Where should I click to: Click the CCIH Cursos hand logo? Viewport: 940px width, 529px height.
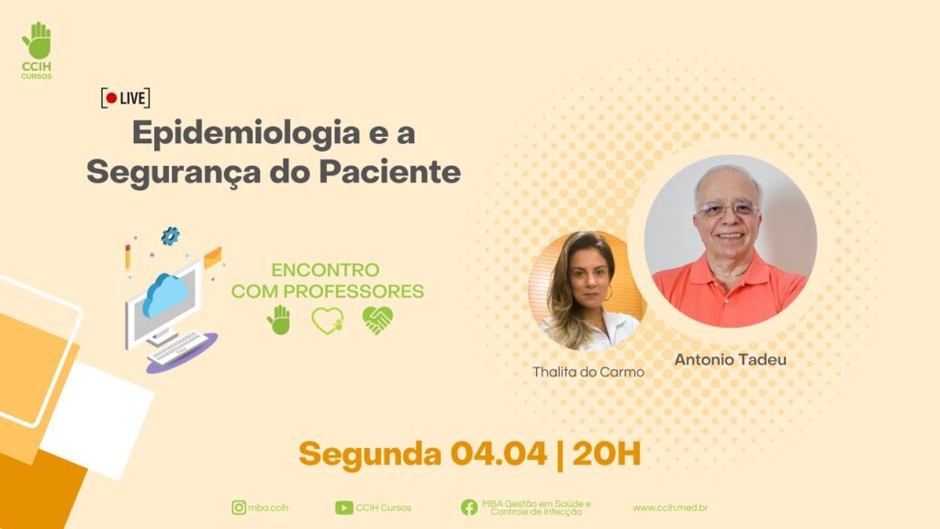pos(37,40)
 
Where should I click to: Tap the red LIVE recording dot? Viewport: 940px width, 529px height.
pos(111,97)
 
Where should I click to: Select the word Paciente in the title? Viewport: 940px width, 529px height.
pos(390,172)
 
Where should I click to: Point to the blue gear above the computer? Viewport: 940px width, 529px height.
pos(170,236)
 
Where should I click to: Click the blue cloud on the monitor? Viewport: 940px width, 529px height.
pos(165,294)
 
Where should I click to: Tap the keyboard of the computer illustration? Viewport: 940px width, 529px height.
pos(177,347)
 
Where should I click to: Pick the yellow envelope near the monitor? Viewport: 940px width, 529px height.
pos(213,258)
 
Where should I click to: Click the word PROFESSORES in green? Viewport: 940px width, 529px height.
pos(353,291)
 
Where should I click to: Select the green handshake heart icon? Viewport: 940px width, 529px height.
pos(377,320)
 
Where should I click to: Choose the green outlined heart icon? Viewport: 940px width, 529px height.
pos(328,321)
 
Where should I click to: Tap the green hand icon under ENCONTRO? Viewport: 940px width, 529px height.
pos(279,320)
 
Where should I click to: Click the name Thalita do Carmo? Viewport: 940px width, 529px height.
pos(588,372)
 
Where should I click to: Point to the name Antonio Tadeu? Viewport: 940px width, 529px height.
pos(730,359)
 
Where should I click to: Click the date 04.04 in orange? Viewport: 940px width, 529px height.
pos(498,454)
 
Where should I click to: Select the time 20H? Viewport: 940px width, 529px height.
pos(606,454)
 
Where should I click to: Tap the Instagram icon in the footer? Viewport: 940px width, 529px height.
pos(239,507)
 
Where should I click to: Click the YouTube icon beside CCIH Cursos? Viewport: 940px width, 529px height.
pos(343,508)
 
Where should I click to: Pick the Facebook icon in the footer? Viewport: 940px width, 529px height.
pos(469,507)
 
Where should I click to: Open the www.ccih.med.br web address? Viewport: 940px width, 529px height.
pos(670,507)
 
